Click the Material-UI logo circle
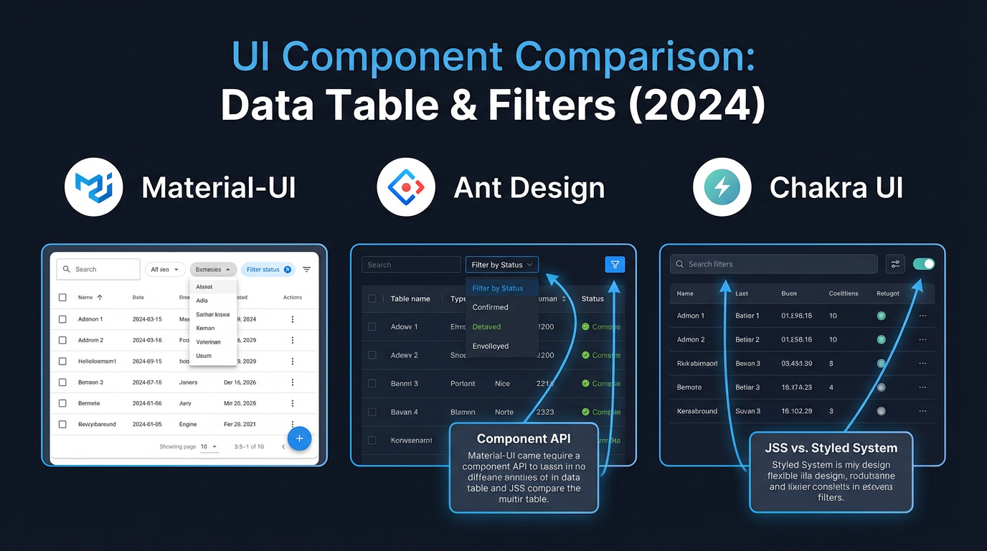coord(94,187)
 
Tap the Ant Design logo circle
coord(406,187)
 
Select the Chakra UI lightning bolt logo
coord(722,187)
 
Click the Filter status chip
coord(267,270)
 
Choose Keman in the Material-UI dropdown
coord(205,329)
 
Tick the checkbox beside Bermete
coord(62,403)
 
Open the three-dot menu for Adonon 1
coord(293,319)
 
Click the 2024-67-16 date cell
coord(147,382)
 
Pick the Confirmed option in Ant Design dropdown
coord(491,307)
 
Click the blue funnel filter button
coord(615,265)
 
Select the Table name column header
coord(410,298)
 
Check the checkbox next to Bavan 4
coord(372,412)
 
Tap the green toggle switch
coord(924,264)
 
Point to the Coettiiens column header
coord(843,293)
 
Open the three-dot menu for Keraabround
coord(922,411)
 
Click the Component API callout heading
coord(524,438)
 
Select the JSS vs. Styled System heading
coord(831,448)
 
